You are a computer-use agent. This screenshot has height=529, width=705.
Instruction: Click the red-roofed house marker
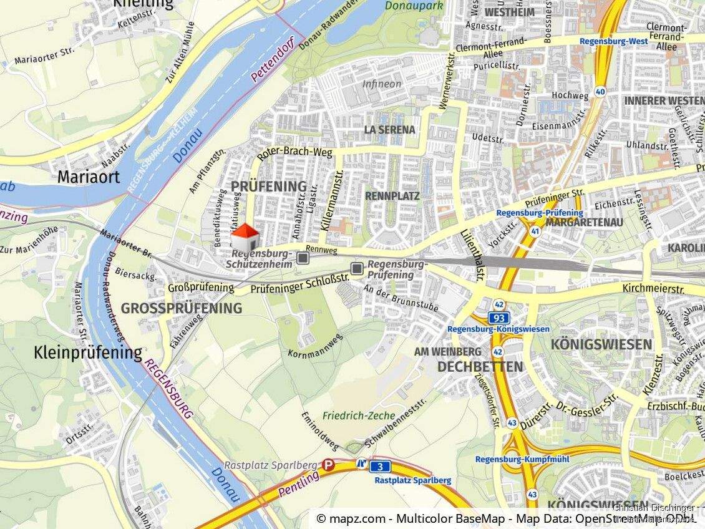(x=245, y=238)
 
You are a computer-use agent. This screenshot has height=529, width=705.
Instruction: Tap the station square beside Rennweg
(x=303, y=258)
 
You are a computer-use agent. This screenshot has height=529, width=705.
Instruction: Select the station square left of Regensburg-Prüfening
(x=357, y=268)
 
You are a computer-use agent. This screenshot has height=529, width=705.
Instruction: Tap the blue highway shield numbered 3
(x=379, y=467)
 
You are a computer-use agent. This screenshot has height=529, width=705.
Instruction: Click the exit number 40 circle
(x=600, y=91)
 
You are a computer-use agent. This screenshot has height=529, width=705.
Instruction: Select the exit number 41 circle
(x=535, y=231)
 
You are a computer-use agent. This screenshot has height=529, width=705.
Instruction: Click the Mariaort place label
(x=88, y=177)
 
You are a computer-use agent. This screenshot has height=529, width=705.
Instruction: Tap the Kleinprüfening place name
(x=87, y=353)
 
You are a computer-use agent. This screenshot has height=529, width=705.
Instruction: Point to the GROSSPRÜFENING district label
(x=181, y=308)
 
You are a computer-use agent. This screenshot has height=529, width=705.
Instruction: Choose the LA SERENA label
(x=389, y=130)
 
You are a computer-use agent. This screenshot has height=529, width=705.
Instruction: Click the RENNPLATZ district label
(x=392, y=196)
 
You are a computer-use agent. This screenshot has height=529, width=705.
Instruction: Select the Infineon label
(x=382, y=84)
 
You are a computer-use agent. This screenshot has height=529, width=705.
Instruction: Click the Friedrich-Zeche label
(x=359, y=415)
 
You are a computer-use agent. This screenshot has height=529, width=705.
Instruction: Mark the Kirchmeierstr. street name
(x=653, y=289)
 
